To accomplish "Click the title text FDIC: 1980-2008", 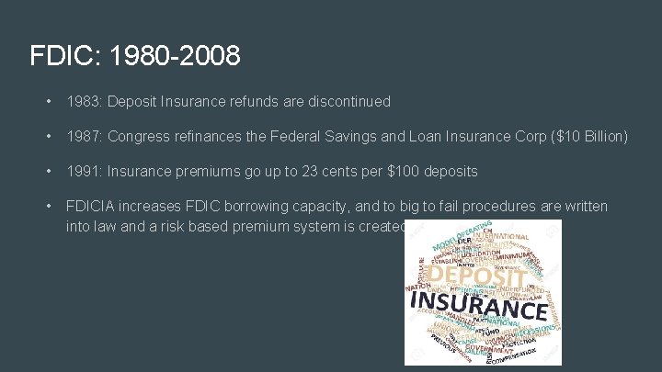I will coord(135,56).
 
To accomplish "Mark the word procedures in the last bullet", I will coord(474,206).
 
